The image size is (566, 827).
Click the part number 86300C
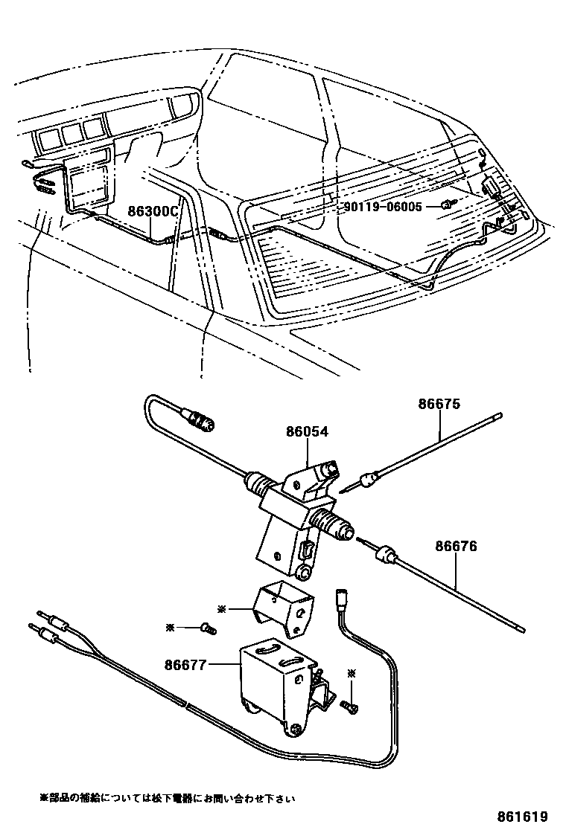(x=153, y=211)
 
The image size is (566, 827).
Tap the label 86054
(x=306, y=431)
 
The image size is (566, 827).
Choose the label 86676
(x=457, y=547)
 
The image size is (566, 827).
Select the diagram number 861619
(x=527, y=814)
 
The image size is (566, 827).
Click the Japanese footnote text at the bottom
(x=168, y=798)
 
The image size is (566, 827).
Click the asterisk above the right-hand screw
(x=352, y=674)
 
